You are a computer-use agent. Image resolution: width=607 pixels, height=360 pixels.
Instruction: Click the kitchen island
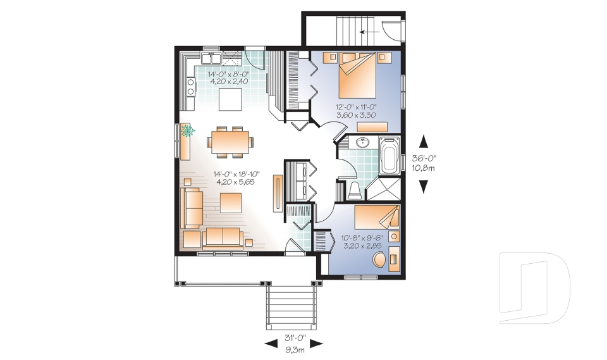(x=231, y=99)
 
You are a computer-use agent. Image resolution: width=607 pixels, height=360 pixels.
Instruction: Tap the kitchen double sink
(x=211, y=58)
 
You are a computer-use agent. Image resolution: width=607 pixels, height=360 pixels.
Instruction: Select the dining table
(x=230, y=142)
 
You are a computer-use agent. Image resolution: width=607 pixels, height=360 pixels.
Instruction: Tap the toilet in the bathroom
(x=354, y=190)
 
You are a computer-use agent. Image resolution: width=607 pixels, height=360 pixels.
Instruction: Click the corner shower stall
(x=383, y=189)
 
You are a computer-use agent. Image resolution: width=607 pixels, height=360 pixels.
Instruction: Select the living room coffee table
(x=231, y=202)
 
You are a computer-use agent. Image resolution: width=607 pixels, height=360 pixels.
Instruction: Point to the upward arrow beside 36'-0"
(x=424, y=141)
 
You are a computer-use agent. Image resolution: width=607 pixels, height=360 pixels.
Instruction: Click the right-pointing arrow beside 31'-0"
(x=317, y=344)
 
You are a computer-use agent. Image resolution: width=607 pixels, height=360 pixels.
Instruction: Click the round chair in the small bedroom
(x=379, y=259)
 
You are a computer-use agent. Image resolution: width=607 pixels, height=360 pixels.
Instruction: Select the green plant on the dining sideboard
(x=187, y=131)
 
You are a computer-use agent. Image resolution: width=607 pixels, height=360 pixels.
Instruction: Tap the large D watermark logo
(x=535, y=287)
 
